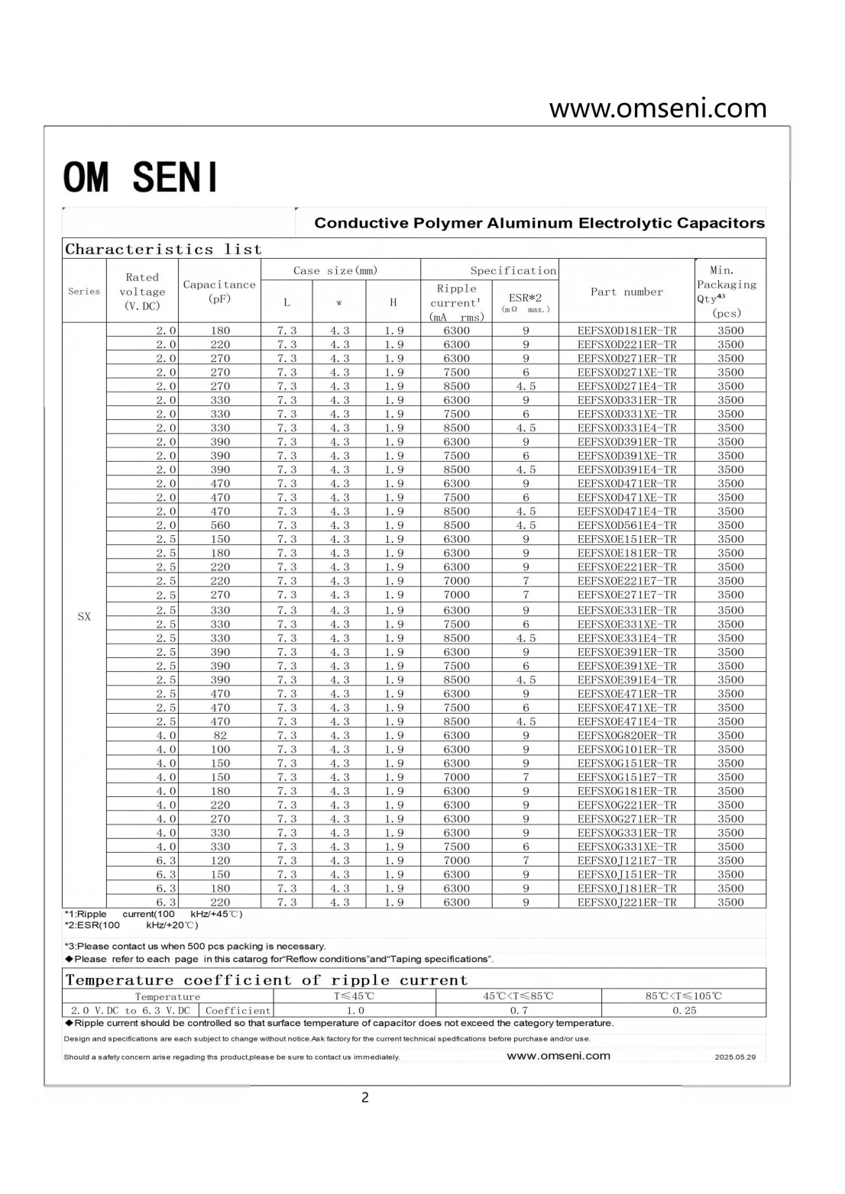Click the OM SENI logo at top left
(x=141, y=177)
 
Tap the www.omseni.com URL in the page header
(x=657, y=108)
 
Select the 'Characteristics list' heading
(x=163, y=250)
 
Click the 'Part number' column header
(x=626, y=292)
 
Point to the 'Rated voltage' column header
(x=142, y=292)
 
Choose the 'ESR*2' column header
(x=525, y=298)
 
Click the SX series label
(x=84, y=616)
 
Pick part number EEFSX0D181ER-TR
(x=626, y=331)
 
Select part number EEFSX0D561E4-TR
(x=626, y=525)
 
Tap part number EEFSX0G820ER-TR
(x=626, y=735)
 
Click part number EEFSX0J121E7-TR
(x=626, y=860)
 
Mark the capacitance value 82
(x=220, y=735)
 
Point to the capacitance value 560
(x=220, y=525)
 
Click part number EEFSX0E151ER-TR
(x=626, y=539)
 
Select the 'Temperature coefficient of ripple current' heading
(x=266, y=980)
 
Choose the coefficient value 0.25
(x=684, y=1010)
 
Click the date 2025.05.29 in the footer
(x=735, y=1057)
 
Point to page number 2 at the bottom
(x=364, y=1098)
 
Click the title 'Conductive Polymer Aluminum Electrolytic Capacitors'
(x=539, y=223)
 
